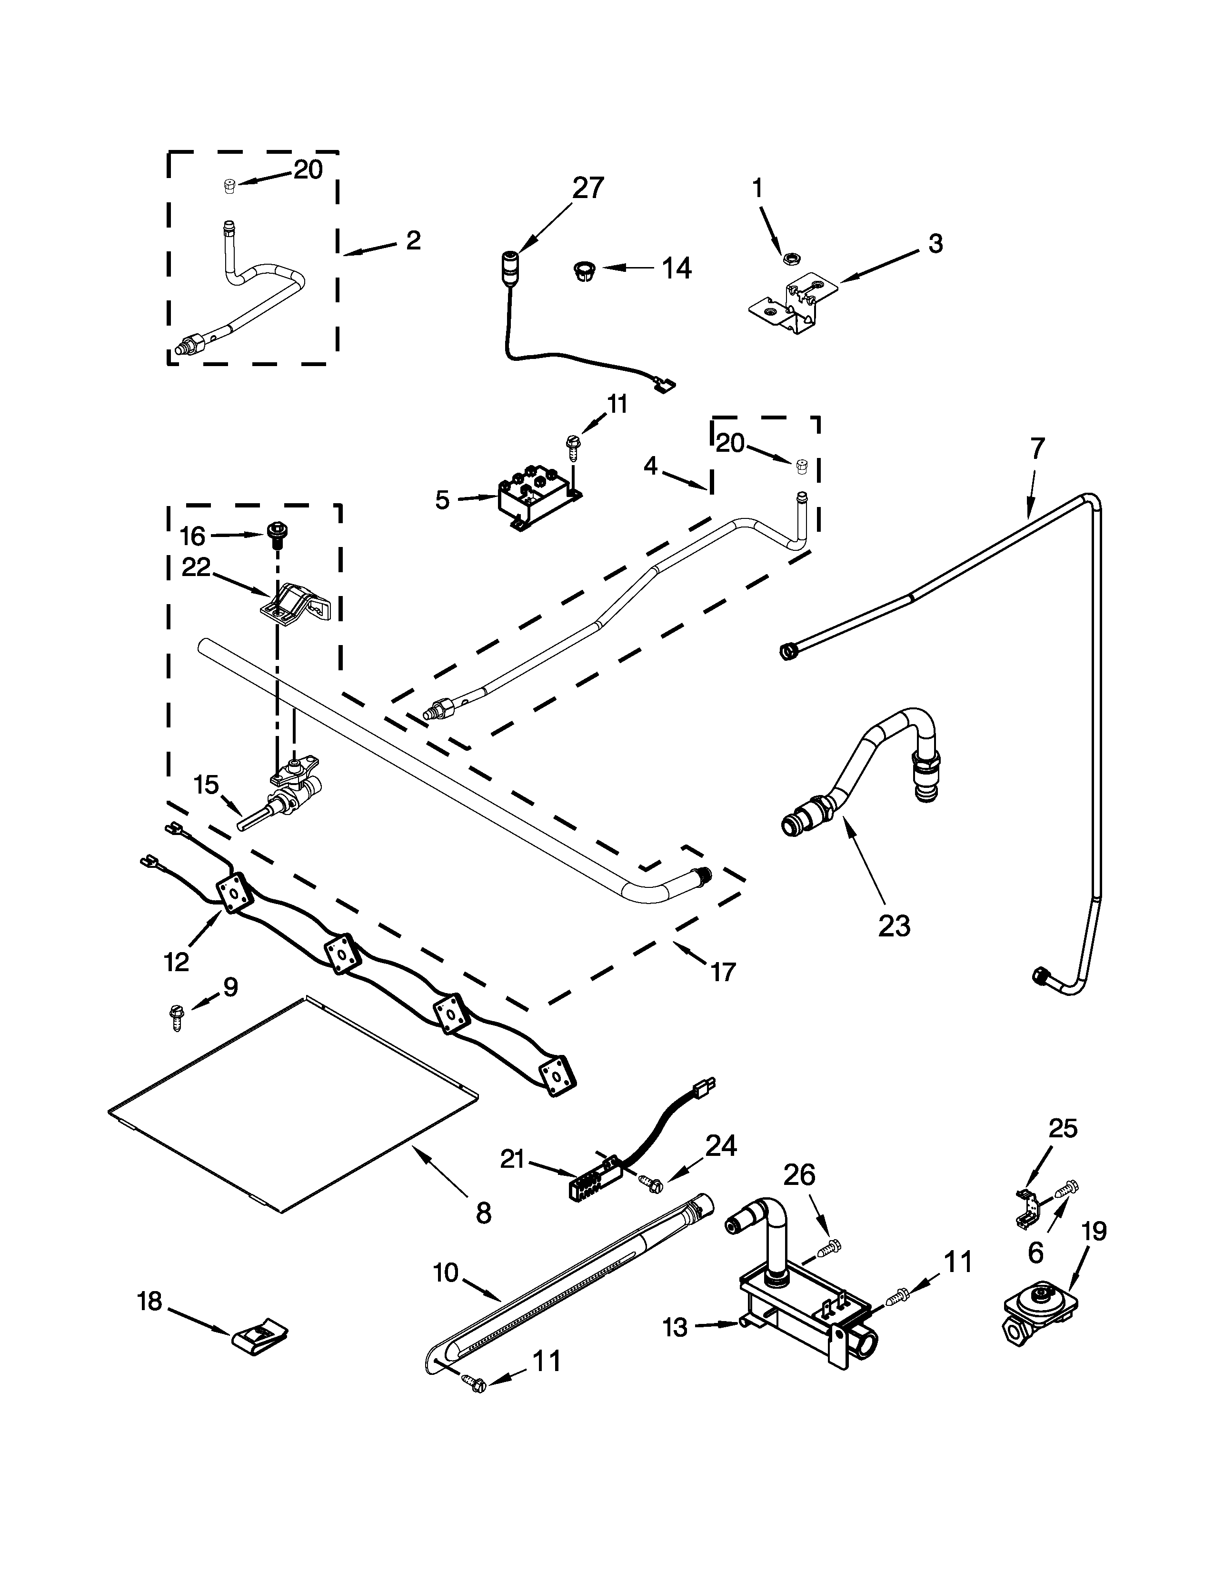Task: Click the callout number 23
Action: pyautogui.click(x=894, y=926)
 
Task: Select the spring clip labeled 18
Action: pyautogui.click(x=259, y=1336)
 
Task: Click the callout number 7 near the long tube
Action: pyautogui.click(x=1035, y=449)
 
